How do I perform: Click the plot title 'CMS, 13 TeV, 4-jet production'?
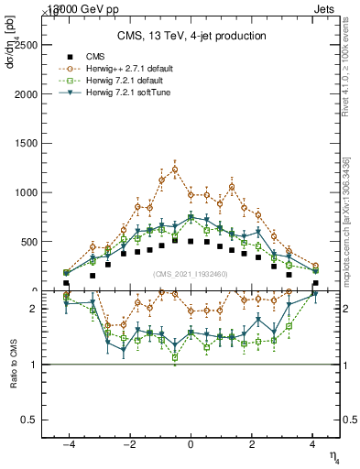point(191,36)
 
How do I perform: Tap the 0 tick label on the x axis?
point(191,444)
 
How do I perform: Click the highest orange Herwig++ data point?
point(174,169)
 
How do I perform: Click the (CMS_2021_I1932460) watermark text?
point(191,274)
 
